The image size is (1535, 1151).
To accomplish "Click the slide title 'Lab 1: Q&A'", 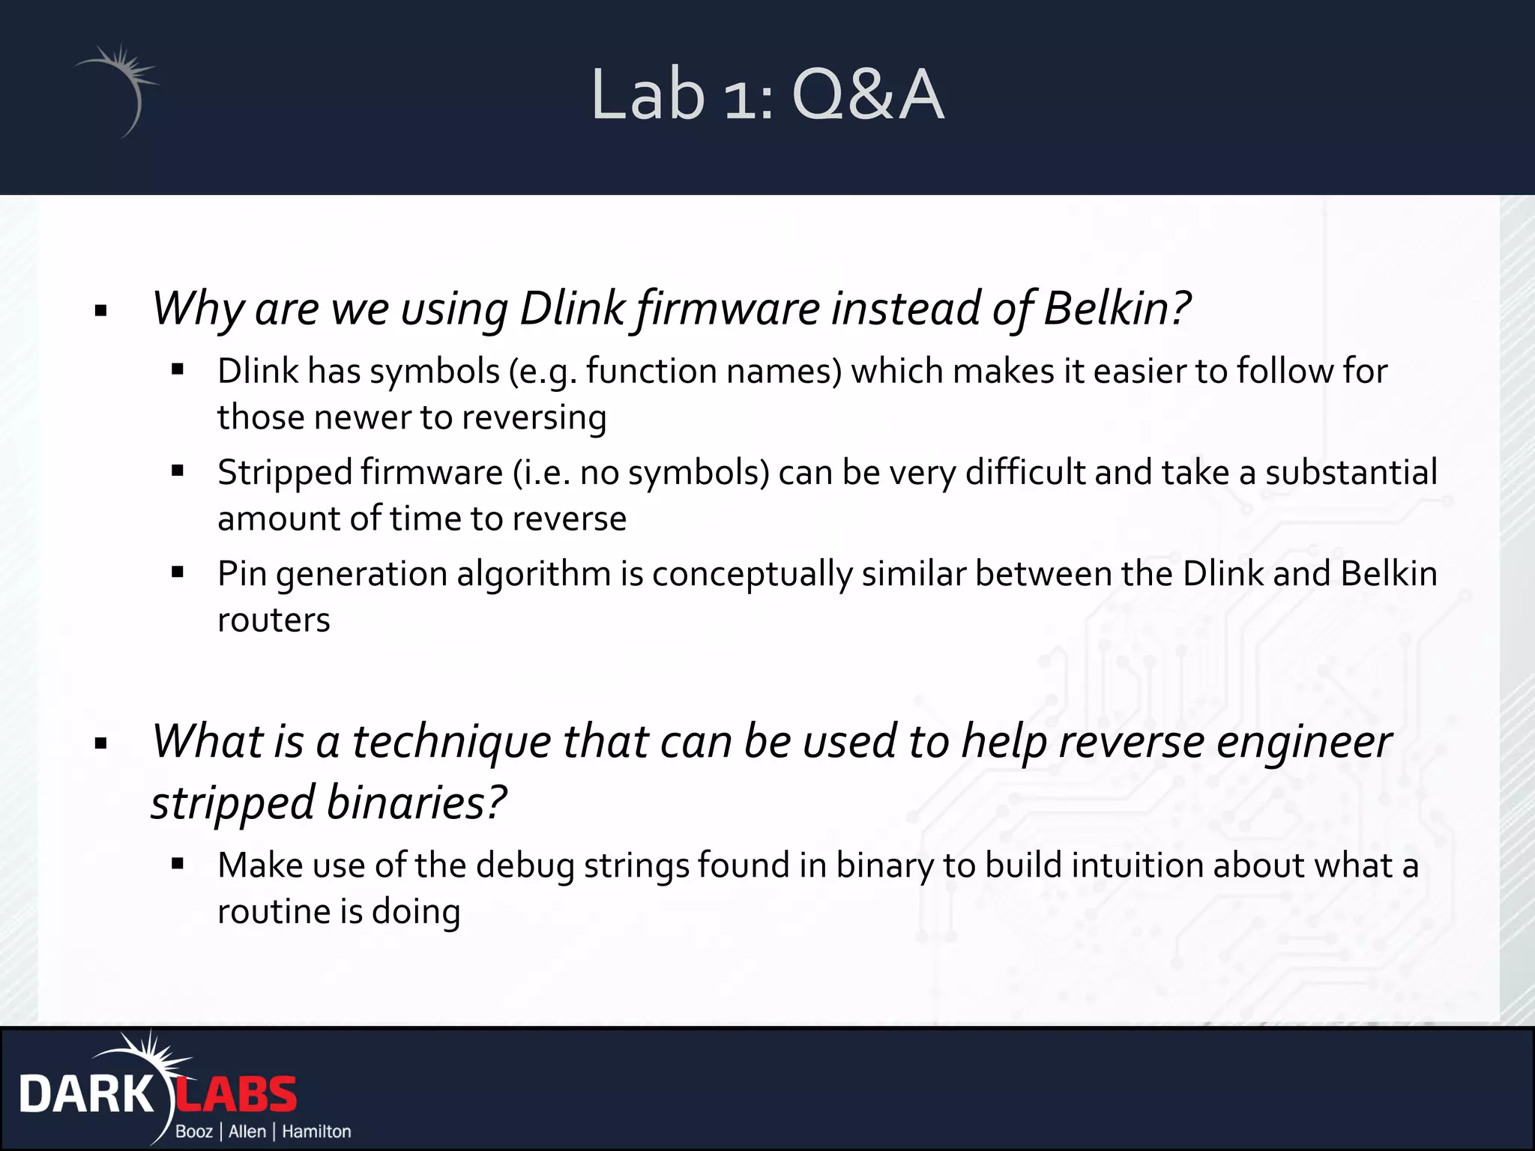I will click(x=767, y=95).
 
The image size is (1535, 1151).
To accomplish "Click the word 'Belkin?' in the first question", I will click(x=1117, y=308).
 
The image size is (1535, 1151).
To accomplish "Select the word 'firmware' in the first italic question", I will click(x=729, y=308).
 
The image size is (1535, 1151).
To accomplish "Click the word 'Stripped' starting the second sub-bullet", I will click(x=285, y=473).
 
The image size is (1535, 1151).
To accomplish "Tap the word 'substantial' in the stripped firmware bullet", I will click(x=1351, y=473).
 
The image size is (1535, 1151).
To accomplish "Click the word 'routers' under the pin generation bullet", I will click(x=274, y=620).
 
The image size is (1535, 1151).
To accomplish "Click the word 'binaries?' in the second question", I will click(x=417, y=803).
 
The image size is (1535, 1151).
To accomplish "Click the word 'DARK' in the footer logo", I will click(x=86, y=1095).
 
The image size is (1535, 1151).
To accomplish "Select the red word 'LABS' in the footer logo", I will click(x=236, y=1095).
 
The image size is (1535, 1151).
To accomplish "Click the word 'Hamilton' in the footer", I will click(x=316, y=1132).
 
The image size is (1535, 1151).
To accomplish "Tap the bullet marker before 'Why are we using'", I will click(x=101, y=311).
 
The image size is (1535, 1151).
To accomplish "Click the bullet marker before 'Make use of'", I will click(x=178, y=864).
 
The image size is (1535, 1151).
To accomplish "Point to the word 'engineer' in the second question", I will click(x=1303, y=742).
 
